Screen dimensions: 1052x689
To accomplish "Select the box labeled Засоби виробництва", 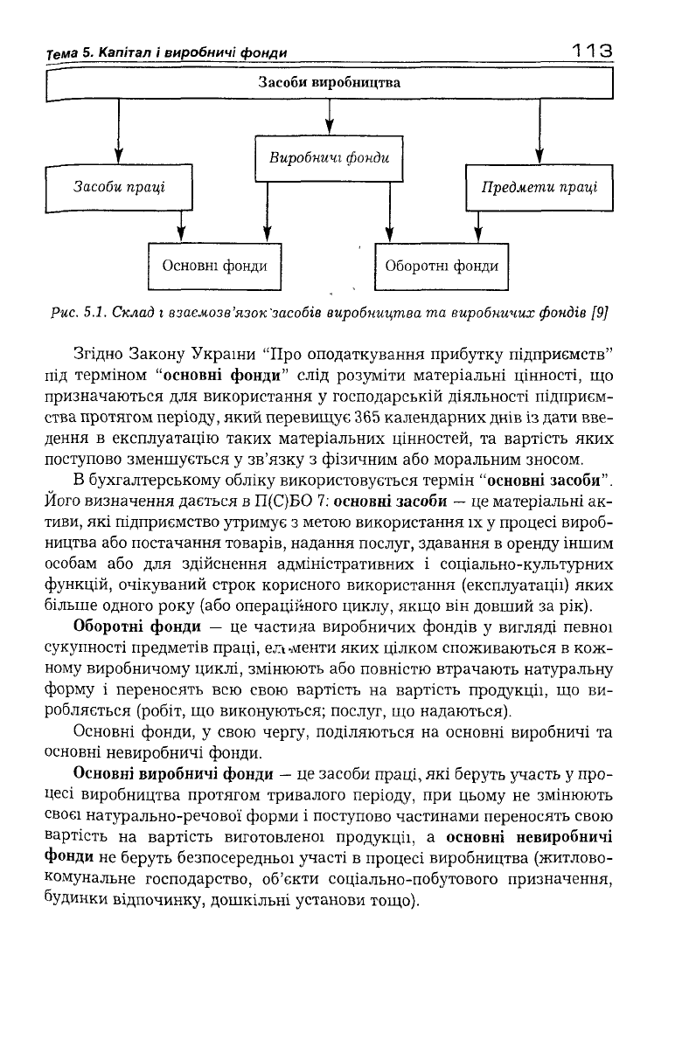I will (x=330, y=85).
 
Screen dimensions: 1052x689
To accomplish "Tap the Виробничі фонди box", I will (x=329, y=159).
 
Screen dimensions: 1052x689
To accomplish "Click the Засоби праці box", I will (x=118, y=187).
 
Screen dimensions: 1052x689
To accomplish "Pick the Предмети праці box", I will (x=539, y=187).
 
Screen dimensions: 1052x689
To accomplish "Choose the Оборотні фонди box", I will (x=442, y=265).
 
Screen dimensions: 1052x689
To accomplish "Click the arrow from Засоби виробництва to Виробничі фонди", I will (x=329, y=118).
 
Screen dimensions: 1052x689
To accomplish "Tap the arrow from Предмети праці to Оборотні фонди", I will (x=477, y=225).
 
